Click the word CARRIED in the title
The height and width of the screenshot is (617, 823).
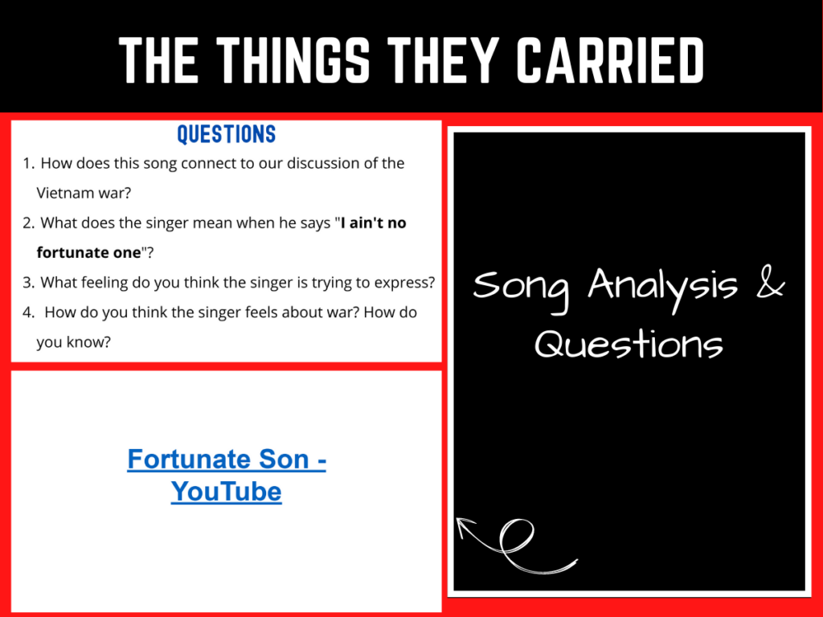click(611, 59)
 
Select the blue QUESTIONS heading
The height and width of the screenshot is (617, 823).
click(226, 134)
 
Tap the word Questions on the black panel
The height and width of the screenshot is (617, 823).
click(629, 345)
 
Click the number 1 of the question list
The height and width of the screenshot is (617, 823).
click(27, 163)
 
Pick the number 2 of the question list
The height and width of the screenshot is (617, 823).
click(28, 223)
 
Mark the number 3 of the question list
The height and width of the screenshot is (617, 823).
click(28, 282)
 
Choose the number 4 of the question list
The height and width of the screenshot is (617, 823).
click(28, 312)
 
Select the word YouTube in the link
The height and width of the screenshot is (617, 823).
click(227, 491)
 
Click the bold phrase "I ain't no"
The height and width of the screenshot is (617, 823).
click(374, 223)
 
